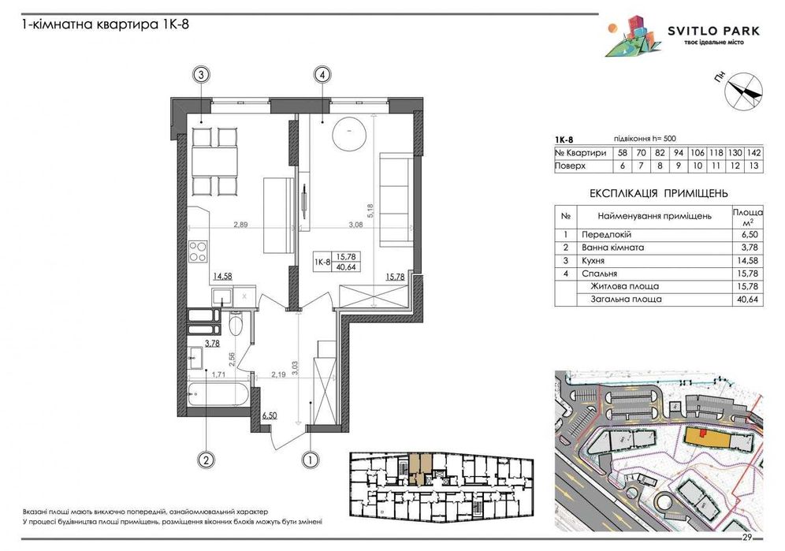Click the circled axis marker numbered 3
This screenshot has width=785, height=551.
coord(201,75)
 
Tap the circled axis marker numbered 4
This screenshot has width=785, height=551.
coord(322,75)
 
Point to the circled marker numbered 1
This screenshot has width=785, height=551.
coord(311,459)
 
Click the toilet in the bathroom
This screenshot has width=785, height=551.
coord(235,323)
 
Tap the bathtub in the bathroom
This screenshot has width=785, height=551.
coord(218,395)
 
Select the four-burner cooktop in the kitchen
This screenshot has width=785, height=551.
coord(198,251)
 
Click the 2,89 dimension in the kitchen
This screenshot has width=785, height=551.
coord(240,225)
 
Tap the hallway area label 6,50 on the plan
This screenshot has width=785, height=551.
coord(270,415)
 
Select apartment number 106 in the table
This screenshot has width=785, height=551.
coord(697,153)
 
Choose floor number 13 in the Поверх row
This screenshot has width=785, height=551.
coord(754,166)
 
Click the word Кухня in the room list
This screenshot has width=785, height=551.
coord(593,260)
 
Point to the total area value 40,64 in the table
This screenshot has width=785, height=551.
coord(748,300)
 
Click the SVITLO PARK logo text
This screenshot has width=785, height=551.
coord(713,31)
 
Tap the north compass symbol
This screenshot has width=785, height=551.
coord(744,91)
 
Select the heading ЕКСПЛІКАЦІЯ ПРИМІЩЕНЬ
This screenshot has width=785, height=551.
coord(659,193)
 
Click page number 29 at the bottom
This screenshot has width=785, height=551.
coord(747,538)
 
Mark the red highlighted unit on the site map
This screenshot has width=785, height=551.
coord(703,432)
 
